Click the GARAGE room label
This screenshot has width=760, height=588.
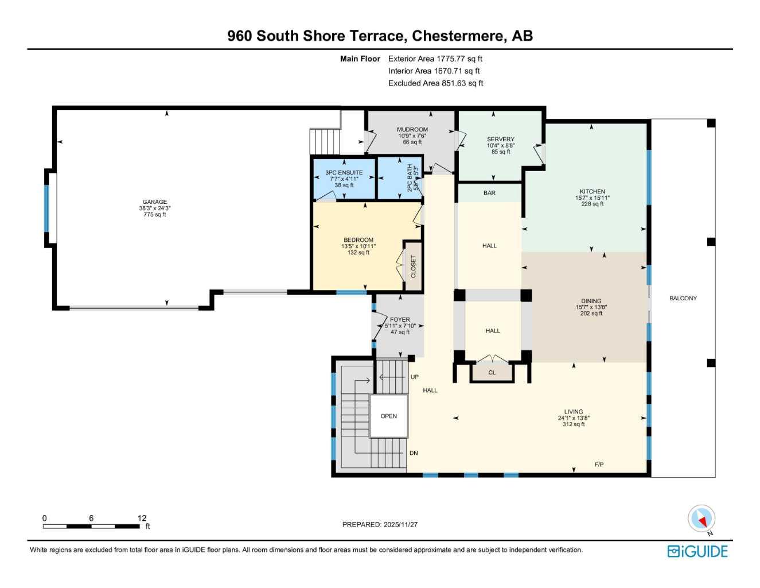pos(155,202)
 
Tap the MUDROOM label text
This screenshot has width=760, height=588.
pos(412,130)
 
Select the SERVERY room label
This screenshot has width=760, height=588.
pos(501,140)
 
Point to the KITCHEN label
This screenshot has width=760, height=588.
pos(593,192)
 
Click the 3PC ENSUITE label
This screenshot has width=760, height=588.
pos(344,173)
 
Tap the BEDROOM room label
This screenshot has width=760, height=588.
pos(358,240)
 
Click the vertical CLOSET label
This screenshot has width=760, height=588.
pos(414,267)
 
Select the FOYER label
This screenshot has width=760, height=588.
pos(400,320)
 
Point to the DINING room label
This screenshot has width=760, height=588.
pos(591,301)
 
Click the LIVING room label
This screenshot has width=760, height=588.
pos(574,412)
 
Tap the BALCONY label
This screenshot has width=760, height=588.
pos(683,299)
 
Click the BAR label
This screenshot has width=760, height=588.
pos(489,193)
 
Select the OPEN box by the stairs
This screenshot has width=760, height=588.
pos(389,416)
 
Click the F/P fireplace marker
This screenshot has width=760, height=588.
pos(599,465)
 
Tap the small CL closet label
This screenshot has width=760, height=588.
pos(492,373)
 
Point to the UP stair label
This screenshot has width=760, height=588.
pos(415,377)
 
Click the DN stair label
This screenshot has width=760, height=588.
pos(414,453)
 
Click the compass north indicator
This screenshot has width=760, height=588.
pos(701,519)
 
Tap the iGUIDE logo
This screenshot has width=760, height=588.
pos(697,551)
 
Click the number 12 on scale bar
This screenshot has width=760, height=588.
pos(142,518)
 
